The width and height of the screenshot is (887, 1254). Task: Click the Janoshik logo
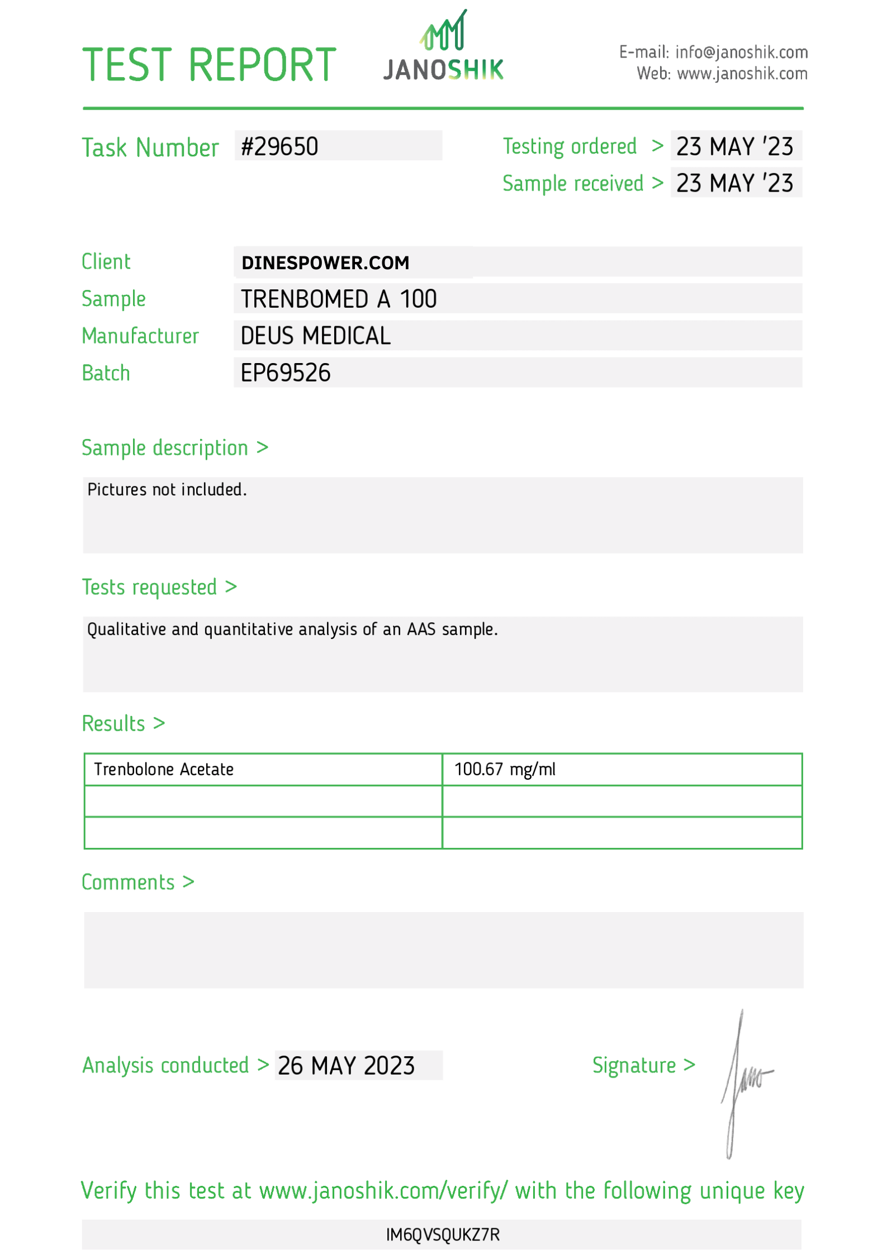[443, 47]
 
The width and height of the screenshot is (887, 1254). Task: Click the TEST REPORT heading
[209, 65]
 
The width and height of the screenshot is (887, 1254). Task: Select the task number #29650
[279, 147]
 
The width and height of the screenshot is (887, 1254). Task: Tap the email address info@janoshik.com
[741, 53]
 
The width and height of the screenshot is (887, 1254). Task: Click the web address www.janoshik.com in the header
[742, 74]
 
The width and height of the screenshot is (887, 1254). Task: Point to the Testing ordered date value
[734, 147]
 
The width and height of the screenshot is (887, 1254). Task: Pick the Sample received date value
[734, 183]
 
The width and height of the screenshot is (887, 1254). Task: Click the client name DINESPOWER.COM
[325, 263]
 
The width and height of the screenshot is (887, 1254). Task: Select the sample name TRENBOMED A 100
[339, 299]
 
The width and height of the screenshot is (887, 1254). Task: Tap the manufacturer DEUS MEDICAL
[315, 336]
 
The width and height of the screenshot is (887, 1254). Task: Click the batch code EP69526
[286, 373]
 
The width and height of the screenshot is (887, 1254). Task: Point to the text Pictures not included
[167, 490]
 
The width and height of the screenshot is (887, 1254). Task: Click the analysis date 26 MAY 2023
[347, 1066]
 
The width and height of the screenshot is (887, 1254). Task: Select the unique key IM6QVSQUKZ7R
[443, 1235]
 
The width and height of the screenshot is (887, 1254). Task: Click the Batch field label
[106, 373]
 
